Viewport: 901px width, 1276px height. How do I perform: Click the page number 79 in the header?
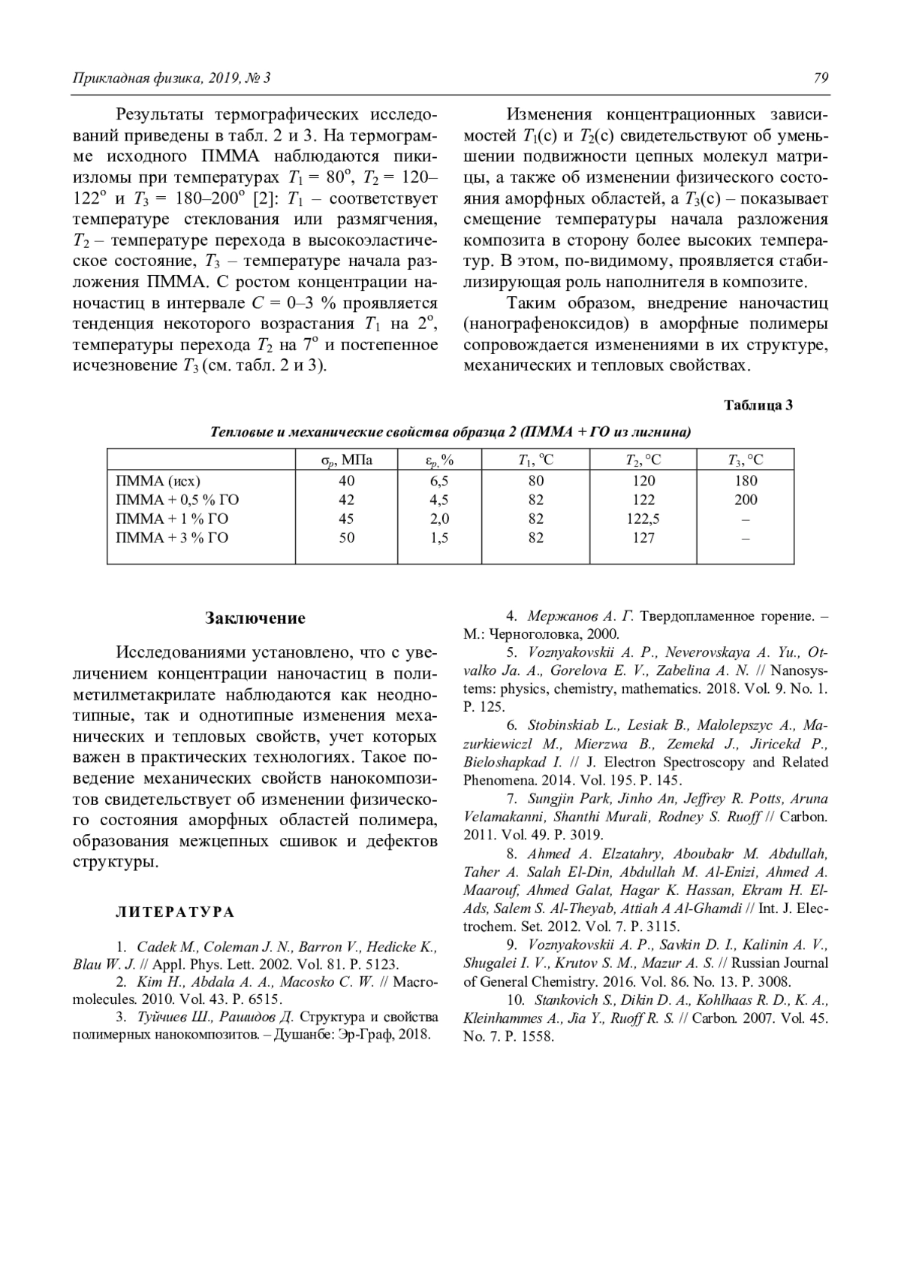821,78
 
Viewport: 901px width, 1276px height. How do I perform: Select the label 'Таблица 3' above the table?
758,405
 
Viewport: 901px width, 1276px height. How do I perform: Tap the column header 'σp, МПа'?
346,460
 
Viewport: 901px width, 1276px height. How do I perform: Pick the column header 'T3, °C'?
745,460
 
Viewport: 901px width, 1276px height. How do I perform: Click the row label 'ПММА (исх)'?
158,481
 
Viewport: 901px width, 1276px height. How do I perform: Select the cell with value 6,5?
439,481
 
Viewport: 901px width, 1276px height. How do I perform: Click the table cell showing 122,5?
643,519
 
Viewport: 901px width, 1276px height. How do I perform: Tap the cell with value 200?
746,500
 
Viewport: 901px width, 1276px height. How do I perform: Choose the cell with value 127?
643,537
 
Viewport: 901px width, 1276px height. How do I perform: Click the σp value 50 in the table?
346,537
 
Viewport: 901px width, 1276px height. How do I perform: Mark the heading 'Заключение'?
255,618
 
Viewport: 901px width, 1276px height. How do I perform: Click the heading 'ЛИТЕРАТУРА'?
175,912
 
